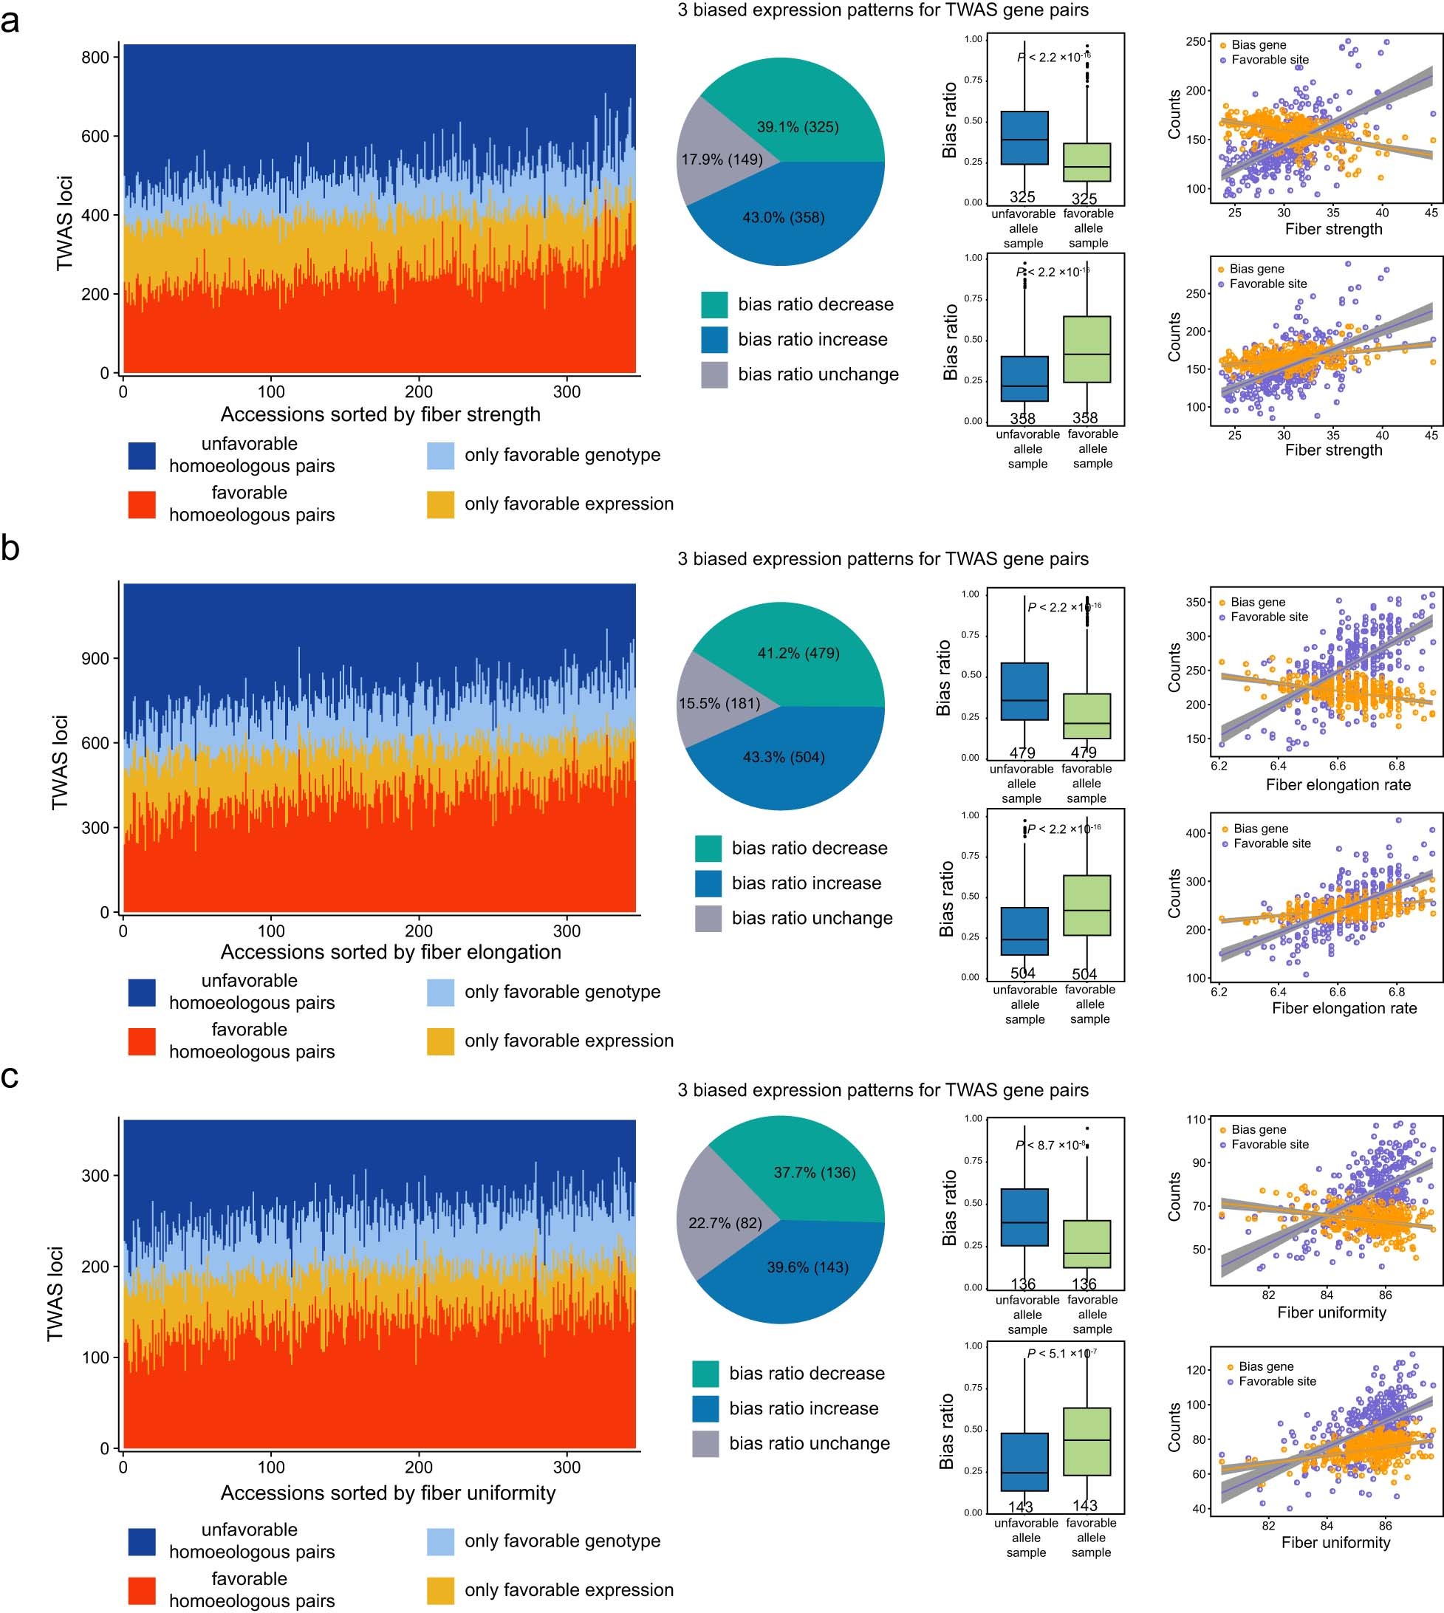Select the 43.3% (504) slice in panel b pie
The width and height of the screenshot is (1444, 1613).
(783, 757)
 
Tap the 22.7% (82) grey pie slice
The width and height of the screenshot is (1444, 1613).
(725, 1222)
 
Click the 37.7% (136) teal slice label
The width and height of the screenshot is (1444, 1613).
(814, 1172)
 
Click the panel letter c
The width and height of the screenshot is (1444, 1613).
(10, 1077)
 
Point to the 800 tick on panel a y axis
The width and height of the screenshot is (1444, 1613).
(95, 57)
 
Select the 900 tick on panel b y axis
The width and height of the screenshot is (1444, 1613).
(95, 659)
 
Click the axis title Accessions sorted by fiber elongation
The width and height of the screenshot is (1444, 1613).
(390, 951)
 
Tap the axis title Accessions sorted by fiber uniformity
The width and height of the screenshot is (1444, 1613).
(388, 1493)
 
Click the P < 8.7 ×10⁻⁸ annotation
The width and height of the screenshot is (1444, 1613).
(1050, 1145)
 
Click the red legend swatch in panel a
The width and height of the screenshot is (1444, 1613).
(142, 504)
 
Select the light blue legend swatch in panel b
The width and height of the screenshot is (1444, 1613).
(440, 992)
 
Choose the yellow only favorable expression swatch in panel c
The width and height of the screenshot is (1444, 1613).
(440, 1589)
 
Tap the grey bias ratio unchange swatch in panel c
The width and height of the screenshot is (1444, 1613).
(705, 1443)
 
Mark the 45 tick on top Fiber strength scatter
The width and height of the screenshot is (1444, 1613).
(1431, 212)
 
